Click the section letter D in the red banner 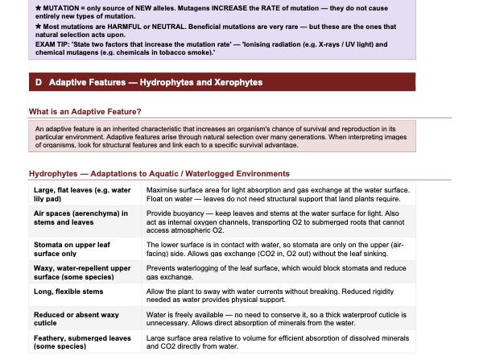[x=38, y=83]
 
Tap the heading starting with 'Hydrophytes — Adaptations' [x=159, y=173]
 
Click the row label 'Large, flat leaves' [x=82, y=194]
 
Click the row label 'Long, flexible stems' [x=68, y=292]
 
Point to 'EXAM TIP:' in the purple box [x=51, y=44]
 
